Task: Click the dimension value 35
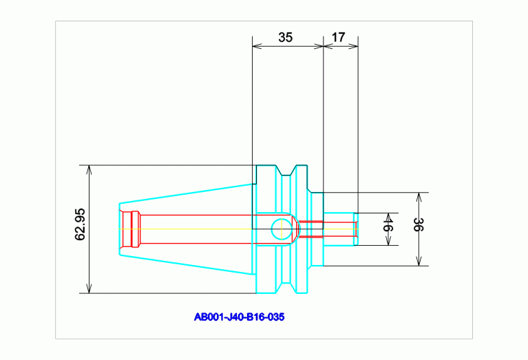click(x=285, y=37)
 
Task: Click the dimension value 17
click(x=339, y=37)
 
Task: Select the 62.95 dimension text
click(x=80, y=224)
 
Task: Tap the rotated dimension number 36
click(x=419, y=224)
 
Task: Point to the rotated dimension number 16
click(x=388, y=224)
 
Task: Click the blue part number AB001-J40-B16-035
click(x=239, y=317)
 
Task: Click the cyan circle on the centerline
click(x=282, y=229)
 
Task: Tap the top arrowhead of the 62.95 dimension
click(x=89, y=170)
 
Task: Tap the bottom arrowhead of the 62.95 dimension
click(x=89, y=288)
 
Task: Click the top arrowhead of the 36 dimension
click(x=419, y=197)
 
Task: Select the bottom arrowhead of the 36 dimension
click(x=419, y=262)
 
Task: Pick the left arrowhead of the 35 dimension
click(x=257, y=46)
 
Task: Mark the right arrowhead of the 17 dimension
click(x=354, y=46)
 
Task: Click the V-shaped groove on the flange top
click(x=286, y=171)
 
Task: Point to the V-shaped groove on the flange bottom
click(x=286, y=288)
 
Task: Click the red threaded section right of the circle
click(x=310, y=229)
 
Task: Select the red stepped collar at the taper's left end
click(x=131, y=229)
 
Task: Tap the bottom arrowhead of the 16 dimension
click(x=388, y=241)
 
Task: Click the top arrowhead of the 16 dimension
click(x=388, y=218)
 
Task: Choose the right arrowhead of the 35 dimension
click(x=319, y=46)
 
